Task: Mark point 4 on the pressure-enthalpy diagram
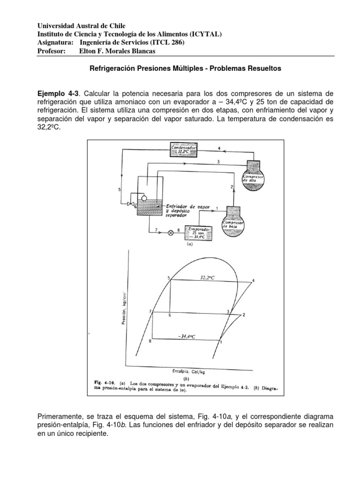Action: [x=253, y=281]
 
